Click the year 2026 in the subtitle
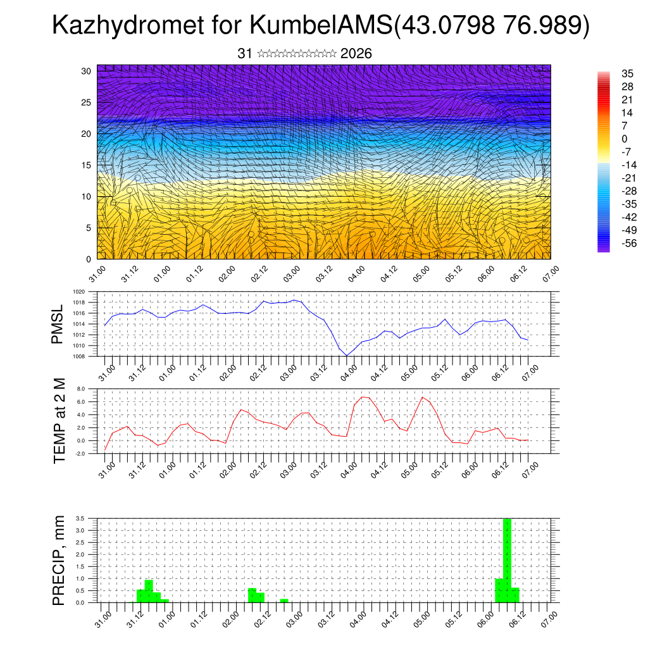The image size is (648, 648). [x=356, y=54]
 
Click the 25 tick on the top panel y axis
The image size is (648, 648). [x=87, y=103]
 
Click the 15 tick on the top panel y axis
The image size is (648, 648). [x=87, y=165]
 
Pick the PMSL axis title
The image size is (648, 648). [x=58, y=324]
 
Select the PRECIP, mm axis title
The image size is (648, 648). [x=59, y=559]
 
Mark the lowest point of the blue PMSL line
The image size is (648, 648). [x=347, y=356]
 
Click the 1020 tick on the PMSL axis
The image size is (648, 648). [x=78, y=292]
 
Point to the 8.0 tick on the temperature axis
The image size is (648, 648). [x=80, y=389]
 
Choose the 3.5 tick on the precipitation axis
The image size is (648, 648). [x=80, y=518]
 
